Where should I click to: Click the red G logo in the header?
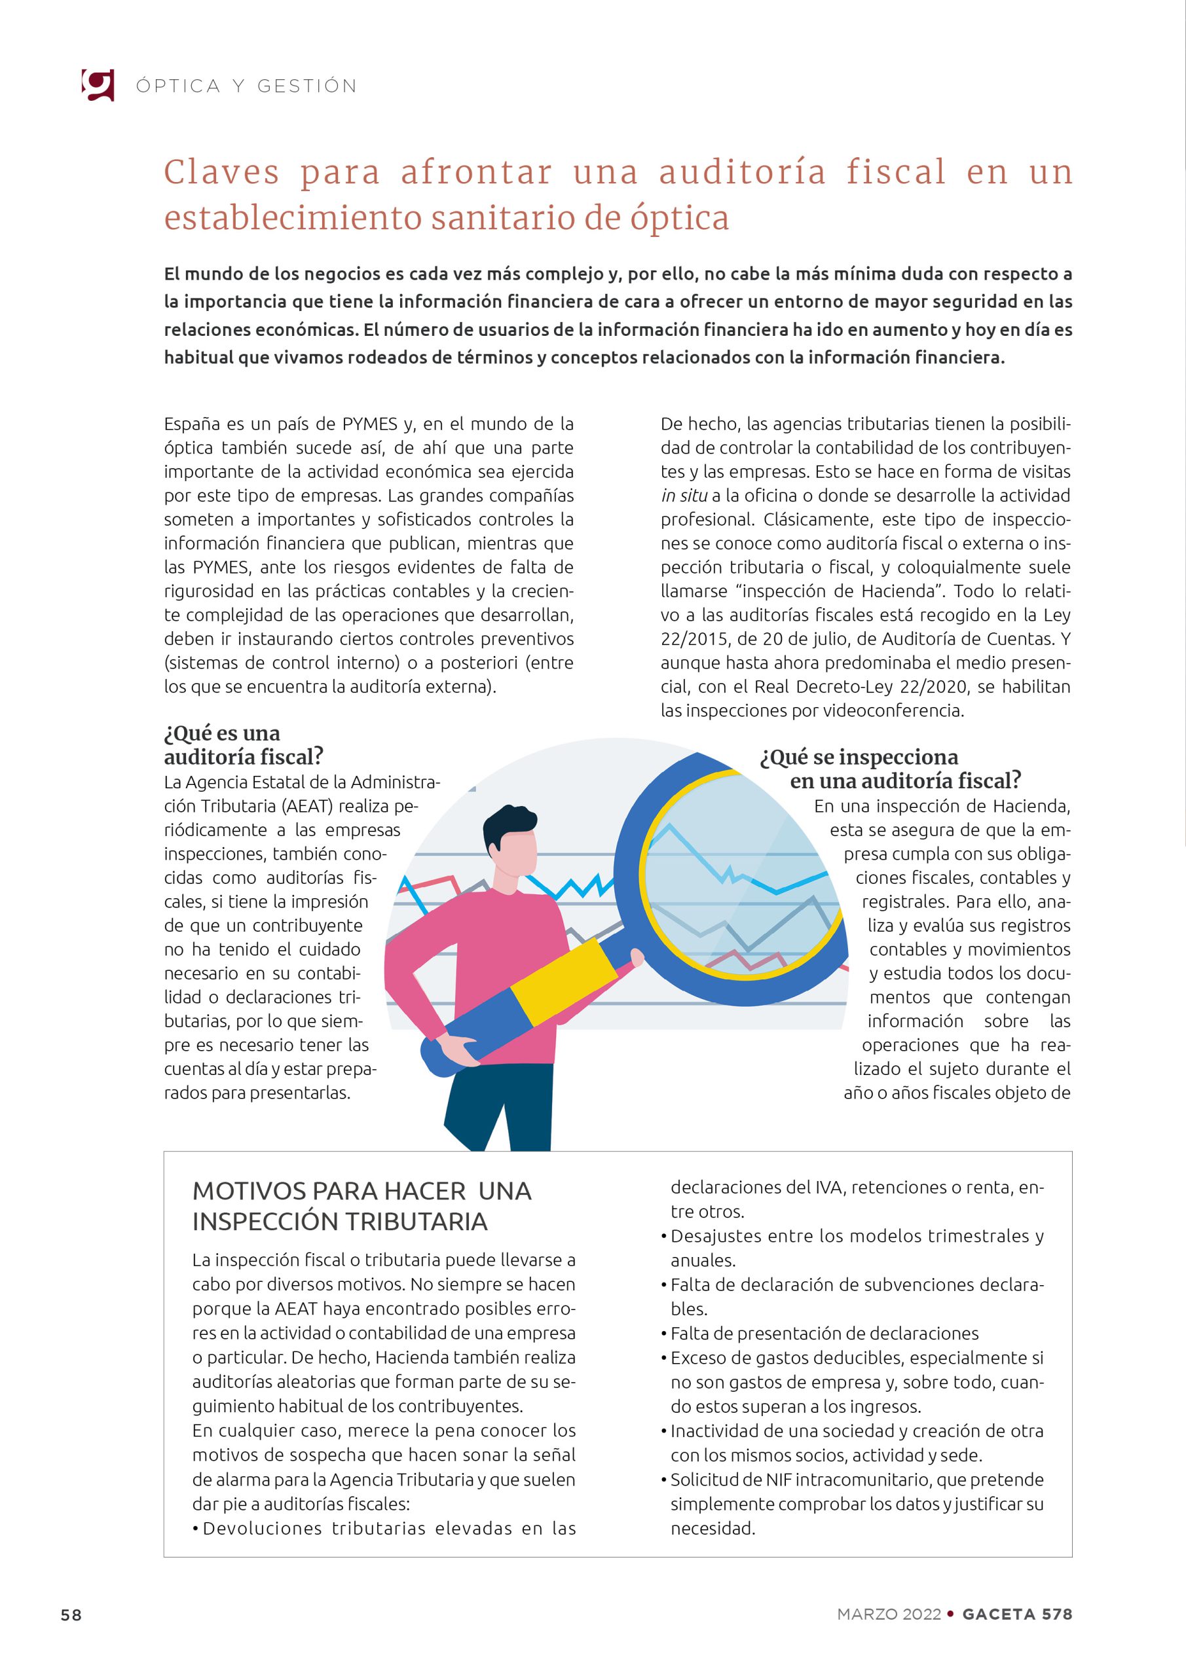coord(98,84)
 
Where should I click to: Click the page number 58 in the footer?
coord(71,1614)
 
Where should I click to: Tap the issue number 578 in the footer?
coord(1057,1614)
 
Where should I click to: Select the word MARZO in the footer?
coord(867,1614)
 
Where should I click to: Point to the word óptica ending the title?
coord(680,218)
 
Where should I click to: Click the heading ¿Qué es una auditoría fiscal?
coord(243,744)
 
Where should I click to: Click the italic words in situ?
coord(684,496)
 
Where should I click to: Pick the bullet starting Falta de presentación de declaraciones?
coord(824,1334)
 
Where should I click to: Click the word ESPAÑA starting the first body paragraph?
coord(192,424)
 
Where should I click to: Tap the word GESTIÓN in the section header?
coord(306,86)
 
